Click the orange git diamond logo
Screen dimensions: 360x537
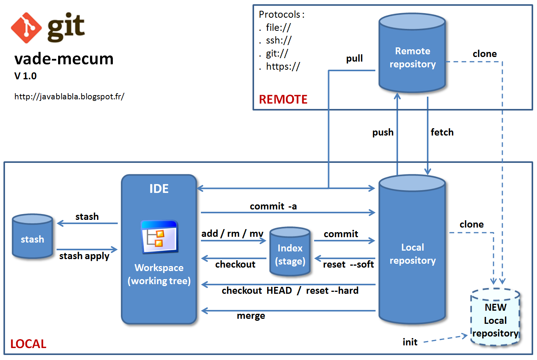coord(26,28)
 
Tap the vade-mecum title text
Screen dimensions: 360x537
coord(64,59)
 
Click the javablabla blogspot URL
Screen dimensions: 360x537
coord(69,96)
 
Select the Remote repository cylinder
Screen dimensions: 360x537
coord(412,54)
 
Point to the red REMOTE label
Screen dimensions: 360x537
coord(283,99)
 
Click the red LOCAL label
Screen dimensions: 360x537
coord(28,344)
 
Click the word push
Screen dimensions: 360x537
coord(383,132)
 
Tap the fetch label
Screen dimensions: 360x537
coord(442,132)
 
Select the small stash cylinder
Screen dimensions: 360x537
coord(32,237)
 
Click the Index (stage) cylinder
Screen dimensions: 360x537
coord(290,252)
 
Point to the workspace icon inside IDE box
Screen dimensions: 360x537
coord(159,237)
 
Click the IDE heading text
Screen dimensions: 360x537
coord(159,189)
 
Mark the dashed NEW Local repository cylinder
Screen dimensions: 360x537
coord(495,318)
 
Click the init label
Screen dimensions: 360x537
coord(410,342)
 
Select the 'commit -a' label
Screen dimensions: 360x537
coord(273,206)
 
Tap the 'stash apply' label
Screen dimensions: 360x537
coord(84,256)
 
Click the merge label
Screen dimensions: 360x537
coord(251,316)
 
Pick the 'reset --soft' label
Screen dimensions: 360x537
coord(348,265)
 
